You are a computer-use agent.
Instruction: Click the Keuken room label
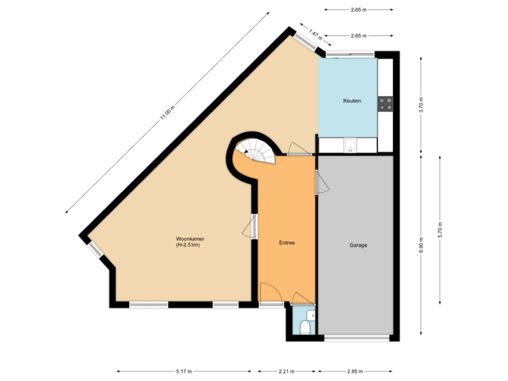352,101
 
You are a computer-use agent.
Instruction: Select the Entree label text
286,243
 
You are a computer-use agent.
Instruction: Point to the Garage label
358,246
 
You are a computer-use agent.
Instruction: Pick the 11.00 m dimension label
167,114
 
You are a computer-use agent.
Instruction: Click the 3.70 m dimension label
421,105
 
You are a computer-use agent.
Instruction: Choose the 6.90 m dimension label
421,245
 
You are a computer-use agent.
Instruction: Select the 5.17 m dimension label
184,371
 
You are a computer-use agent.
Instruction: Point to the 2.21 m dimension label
286,371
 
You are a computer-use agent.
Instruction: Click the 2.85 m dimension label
355,371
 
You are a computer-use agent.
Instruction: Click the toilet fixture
304,327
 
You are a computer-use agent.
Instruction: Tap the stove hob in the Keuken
385,104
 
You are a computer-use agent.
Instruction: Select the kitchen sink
350,145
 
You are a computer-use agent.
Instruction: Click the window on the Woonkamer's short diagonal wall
95,249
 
